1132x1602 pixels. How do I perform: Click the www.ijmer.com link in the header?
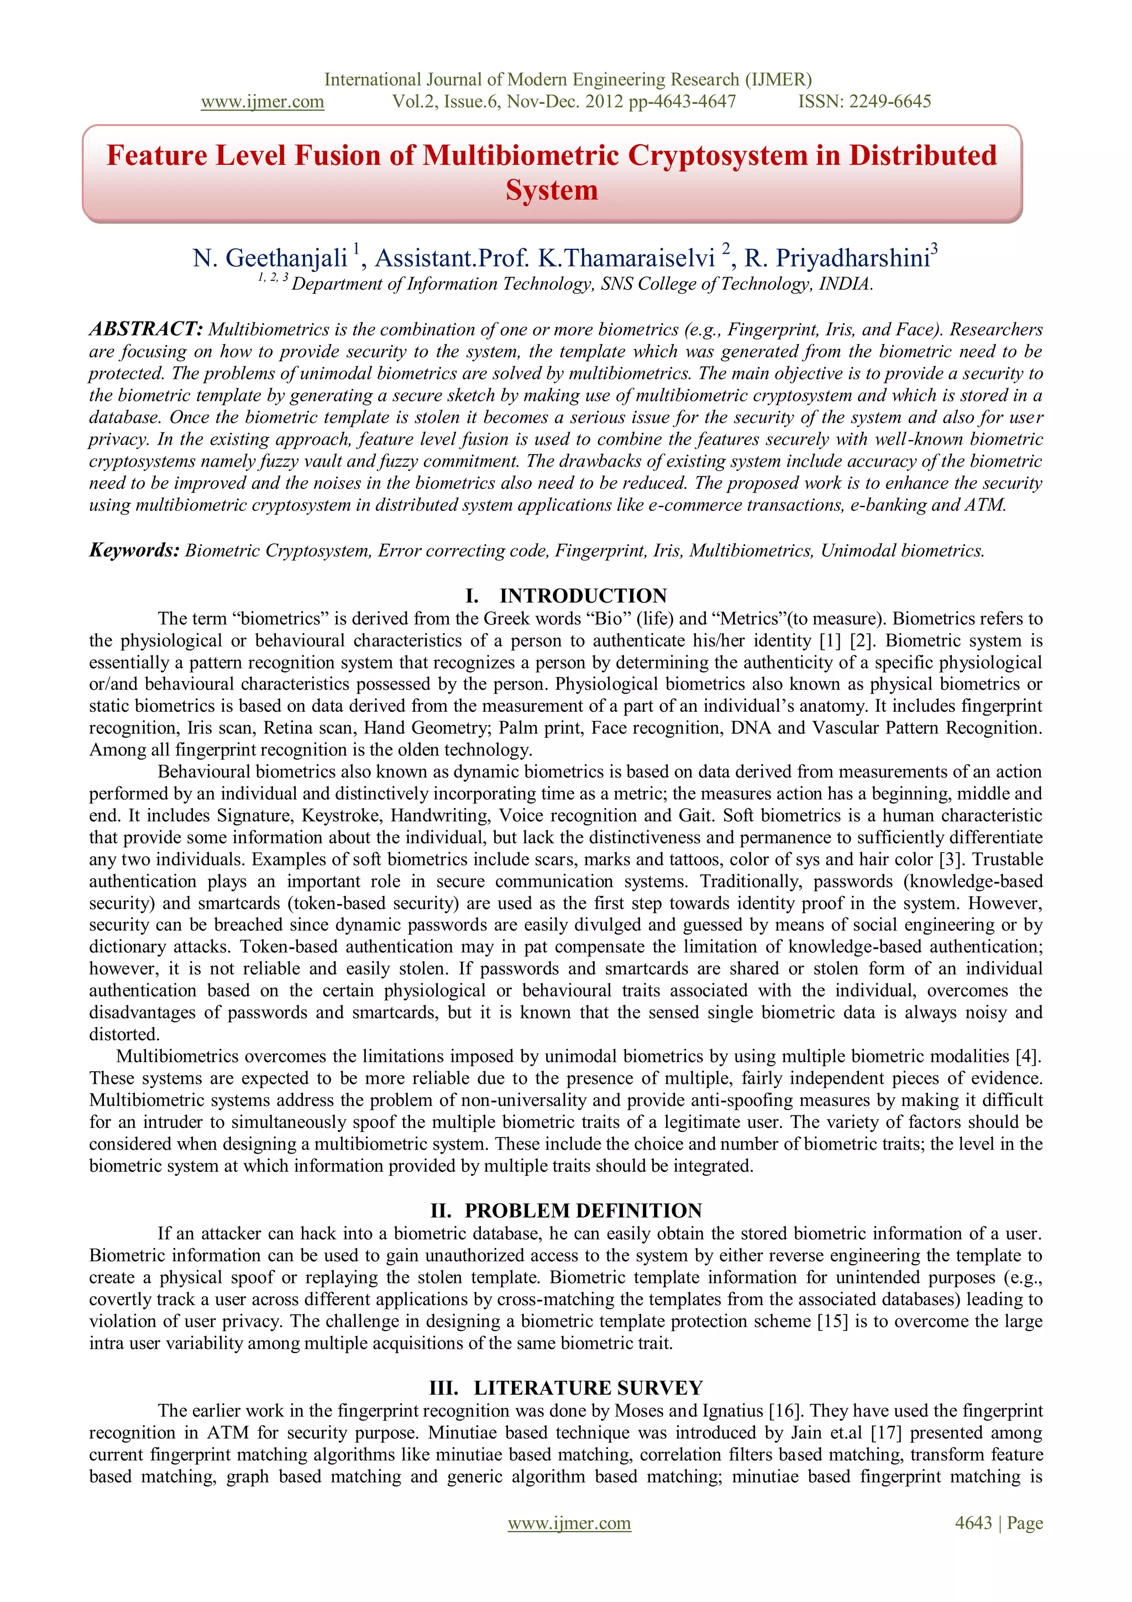point(262,102)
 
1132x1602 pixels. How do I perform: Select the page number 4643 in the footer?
point(973,1522)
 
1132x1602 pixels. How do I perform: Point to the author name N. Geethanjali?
point(270,258)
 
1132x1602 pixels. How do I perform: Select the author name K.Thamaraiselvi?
point(626,258)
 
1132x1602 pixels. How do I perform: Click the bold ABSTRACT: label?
point(146,328)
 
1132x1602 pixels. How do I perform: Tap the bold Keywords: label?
point(135,550)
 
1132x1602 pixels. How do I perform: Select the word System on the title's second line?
point(552,190)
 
